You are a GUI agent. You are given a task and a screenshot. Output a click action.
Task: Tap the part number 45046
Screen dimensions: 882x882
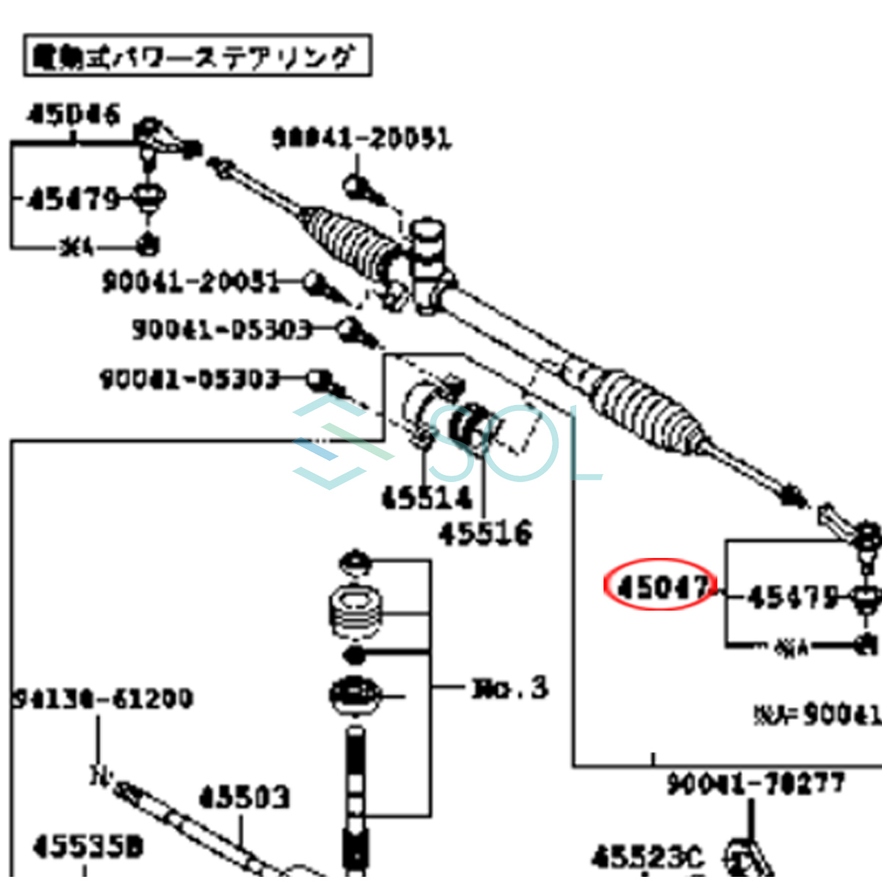[73, 115]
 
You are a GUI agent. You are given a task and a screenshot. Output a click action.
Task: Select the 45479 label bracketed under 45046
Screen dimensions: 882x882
[73, 198]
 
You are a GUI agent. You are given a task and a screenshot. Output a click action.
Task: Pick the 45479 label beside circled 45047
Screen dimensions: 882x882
[792, 596]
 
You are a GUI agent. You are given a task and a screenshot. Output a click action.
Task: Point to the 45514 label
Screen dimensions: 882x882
[426, 498]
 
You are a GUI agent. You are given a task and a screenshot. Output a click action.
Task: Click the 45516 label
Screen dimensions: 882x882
[485, 533]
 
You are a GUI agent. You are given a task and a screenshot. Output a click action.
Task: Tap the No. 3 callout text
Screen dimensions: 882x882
[510, 689]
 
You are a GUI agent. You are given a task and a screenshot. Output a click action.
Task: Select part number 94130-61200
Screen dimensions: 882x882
[104, 698]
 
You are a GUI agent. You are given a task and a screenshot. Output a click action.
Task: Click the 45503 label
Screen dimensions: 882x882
[245, 797]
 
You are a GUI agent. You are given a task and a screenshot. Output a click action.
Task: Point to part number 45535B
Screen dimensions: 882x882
[88, 847]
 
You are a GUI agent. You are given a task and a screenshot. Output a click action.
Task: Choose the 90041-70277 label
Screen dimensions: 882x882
[756, 784]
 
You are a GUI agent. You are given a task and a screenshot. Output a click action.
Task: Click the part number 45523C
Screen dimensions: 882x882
[647, 857]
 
